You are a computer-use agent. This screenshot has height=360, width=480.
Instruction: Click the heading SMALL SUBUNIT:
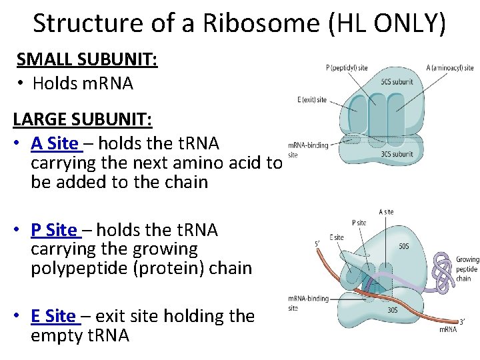(87, 59)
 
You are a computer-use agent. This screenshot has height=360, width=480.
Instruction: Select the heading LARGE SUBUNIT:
(83, 120)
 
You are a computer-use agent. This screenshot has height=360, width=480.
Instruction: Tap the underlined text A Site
(55, 143)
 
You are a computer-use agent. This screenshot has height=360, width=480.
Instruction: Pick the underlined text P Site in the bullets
(55, 230)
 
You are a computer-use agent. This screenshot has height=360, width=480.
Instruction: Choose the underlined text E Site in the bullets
(54, 316)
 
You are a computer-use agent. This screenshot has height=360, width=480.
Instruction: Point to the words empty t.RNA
(80, 335)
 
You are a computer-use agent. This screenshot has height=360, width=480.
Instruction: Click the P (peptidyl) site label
(347, 68)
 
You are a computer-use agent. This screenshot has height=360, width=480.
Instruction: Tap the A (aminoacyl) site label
(449, 68)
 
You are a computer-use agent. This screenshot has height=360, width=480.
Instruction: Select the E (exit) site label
(312, 100)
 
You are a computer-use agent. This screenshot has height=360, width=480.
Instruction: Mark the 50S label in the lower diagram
(404, 246)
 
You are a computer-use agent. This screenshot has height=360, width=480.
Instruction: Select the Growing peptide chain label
(467, 269)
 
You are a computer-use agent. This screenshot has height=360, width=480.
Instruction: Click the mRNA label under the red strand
(447, 329)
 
